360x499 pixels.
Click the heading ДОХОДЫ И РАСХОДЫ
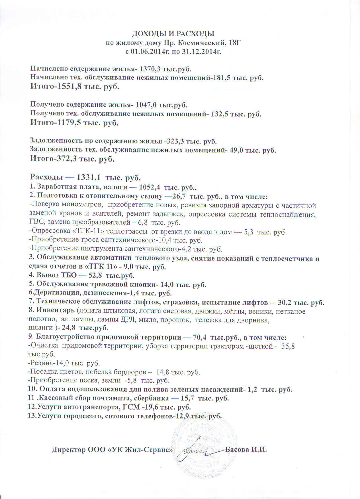pyautogui.click(x=173, y=34)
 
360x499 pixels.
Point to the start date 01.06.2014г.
pyautogui.click(x=146, y=52)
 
